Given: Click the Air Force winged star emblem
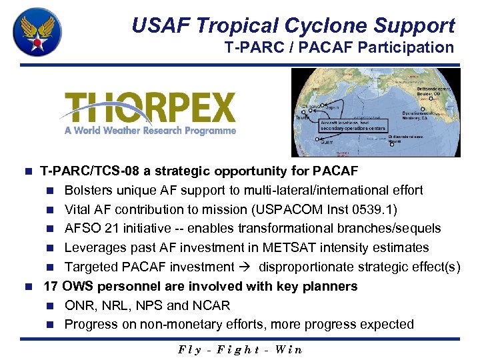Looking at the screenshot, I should [x=38, y=32].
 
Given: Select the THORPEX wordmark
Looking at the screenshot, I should [x=151, y=107].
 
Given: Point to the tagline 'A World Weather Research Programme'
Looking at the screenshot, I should [x=151, y=131].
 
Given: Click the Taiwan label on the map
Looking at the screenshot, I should [x=302, y=118].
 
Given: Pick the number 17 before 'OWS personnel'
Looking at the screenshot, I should [x=51, y=286].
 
